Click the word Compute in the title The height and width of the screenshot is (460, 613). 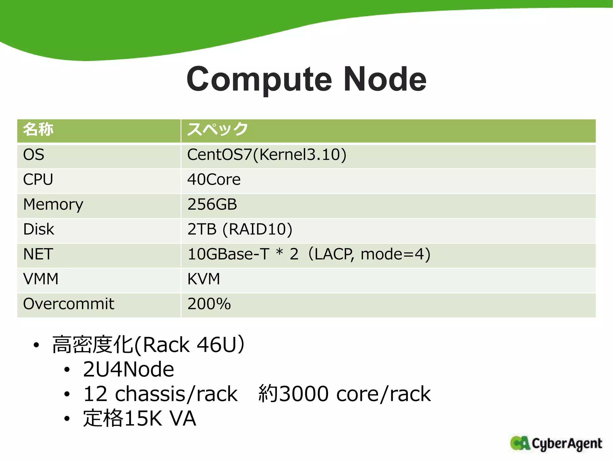coord(259,80)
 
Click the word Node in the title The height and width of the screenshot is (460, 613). coord(385,80)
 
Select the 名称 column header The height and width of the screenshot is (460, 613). coord(38,130)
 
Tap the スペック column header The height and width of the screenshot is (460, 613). coord(218,130)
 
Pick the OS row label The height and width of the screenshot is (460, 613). coord(34,155)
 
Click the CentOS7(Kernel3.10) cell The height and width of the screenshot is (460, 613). coord(267,155)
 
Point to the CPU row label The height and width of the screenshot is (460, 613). coord(38,180)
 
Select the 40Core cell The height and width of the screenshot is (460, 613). coord(214,180)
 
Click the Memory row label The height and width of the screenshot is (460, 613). coord(53,205)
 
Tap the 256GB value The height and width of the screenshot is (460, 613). coord(212,205)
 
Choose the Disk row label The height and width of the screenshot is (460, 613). coord(39,229)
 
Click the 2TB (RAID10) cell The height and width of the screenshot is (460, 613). coord(240,229)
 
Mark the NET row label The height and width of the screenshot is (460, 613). coord(38,254)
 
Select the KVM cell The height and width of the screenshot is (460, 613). coord(204,279)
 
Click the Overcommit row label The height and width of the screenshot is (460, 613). coord(69,304)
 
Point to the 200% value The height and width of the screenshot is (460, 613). coord(209,304)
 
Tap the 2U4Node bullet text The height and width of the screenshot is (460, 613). coord(128,369)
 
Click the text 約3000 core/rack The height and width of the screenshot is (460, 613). coord(345,394)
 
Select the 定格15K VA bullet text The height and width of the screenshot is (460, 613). coord(139,418)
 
